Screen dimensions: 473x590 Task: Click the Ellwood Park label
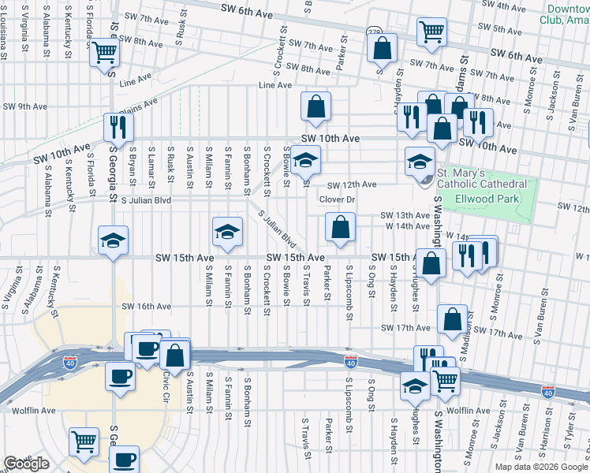tap(487, 199)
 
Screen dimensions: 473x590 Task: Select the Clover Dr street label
tap(338, 199)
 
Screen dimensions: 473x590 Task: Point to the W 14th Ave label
tap(406, 226)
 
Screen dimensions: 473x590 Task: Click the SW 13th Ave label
tap(405, 215)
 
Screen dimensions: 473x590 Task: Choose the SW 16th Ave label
tap(146, 307)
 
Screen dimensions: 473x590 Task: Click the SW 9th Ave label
tap(25, 106)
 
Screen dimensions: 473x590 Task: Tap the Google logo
tap(26, 464)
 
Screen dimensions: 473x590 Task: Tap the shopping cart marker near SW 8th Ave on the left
tap(104, 54)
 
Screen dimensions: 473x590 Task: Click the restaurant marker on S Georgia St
tap(118, 126)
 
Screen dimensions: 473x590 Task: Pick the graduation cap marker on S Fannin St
tap(227, 231)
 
